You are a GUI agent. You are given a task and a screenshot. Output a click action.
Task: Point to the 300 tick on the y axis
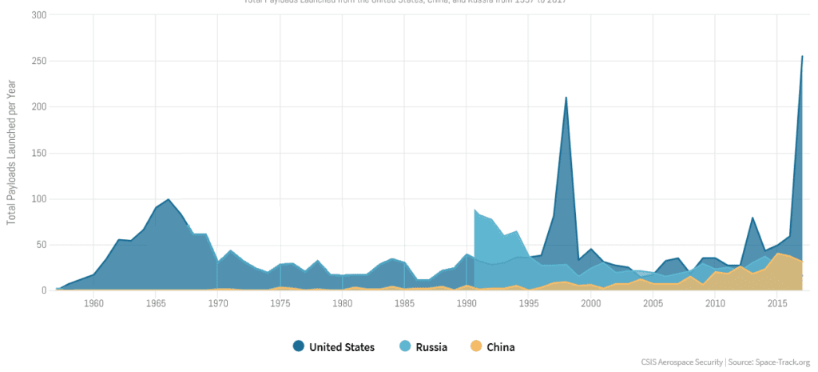click(x=39, y=15)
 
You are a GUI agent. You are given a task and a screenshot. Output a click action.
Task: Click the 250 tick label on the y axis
click(x=39, y=61)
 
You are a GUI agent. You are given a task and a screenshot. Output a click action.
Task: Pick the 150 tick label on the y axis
click(x=39, y=153)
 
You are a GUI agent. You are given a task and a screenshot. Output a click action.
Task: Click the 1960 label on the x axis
click(x=93, y=304)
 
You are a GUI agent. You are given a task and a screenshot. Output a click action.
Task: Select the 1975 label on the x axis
click(x=280, y=304)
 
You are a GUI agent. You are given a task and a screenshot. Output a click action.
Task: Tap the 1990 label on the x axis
click(x=467, y=304)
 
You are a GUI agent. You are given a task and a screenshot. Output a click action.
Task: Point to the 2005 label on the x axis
click(x=653, y=304)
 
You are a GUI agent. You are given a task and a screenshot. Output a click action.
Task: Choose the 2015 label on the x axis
click(x=777, y=304)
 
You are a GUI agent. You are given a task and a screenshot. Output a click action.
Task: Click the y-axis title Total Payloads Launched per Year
click(x=11, y=152)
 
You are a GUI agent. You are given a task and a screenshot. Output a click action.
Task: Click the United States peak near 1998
click(x=566, y=98)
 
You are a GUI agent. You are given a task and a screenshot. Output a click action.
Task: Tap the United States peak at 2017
click(x=802, y=56)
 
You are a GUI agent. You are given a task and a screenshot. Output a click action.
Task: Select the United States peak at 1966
click(x=168, y=199)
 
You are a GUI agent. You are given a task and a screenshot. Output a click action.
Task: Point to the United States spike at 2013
click(x=752, y=218)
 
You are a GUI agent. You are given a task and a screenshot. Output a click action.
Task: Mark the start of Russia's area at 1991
click(x=475, y=210)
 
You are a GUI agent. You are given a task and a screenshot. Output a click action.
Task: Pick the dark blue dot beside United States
click(x=299, y=346)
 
